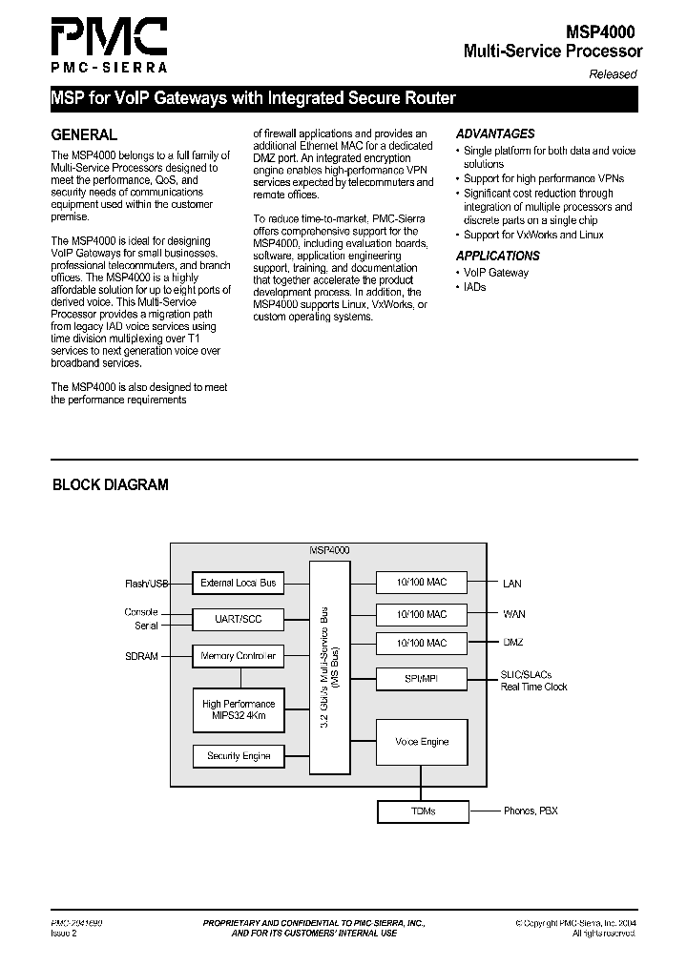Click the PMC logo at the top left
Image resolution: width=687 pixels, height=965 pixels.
(109, 43)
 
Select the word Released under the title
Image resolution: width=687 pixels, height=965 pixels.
(612, 74)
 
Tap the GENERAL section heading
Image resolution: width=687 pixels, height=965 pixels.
(84, 135)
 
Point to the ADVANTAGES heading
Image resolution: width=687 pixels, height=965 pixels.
(495, 134)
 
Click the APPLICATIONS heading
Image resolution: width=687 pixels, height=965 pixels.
(497, 256)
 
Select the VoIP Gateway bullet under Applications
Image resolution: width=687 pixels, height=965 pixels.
(495, 273)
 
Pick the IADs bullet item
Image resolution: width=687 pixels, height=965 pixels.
(474, 287)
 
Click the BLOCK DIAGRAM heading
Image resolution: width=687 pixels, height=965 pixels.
(110, 484)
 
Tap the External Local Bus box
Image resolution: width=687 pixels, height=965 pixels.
(238, 583)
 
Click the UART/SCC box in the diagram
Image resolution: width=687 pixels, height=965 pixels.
(238, 619)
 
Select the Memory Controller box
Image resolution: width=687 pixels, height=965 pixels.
(238, 656)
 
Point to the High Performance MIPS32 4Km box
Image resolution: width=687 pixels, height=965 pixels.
(238, 710)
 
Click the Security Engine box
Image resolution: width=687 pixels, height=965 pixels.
(238, 756)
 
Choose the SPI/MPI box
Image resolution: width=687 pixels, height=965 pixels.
(421, 679)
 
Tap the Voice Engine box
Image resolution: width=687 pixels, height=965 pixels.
(421, 741)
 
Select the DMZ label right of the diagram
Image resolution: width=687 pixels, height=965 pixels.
(513, 643)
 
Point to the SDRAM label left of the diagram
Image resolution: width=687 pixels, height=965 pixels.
(141, 656)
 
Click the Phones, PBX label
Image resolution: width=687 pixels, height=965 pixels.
(531, 811)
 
